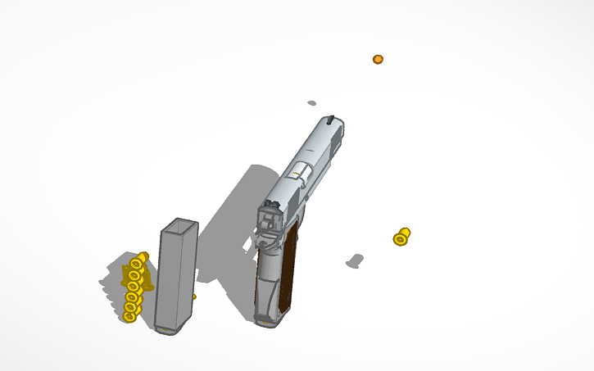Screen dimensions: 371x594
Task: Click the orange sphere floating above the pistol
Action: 378,60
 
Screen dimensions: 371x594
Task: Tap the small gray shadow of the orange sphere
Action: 311,103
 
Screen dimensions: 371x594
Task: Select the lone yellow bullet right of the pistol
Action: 401,237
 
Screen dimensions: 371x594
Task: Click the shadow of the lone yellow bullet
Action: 355,261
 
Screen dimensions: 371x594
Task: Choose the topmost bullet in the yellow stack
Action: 139,260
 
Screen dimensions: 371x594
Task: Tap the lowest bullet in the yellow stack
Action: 129,315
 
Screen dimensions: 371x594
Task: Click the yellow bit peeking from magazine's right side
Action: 193,296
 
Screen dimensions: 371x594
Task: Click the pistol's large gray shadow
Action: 238,213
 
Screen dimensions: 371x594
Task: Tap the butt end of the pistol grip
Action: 268,319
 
